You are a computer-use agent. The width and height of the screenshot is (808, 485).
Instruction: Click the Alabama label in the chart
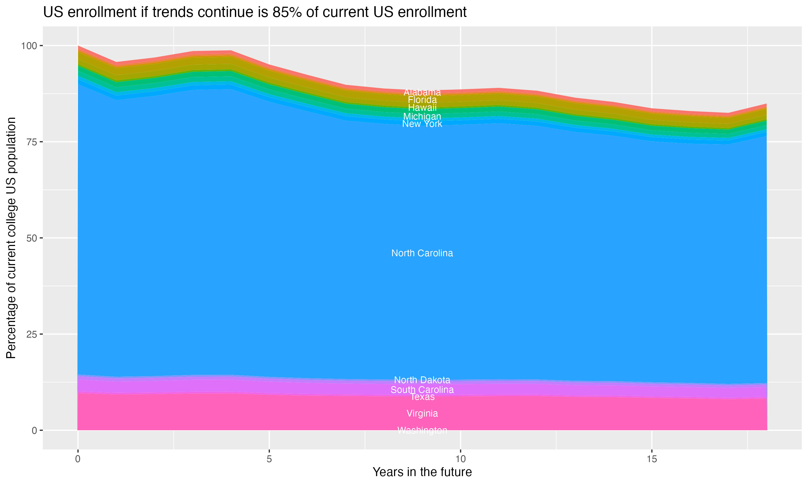[422, 92]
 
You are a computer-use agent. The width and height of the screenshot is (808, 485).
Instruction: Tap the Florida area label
[422, 100]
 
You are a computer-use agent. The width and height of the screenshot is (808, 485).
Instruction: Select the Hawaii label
[422, 108]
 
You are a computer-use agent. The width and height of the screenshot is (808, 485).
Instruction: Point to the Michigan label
[422, 116]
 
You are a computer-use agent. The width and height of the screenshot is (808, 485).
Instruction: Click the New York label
[422, 124]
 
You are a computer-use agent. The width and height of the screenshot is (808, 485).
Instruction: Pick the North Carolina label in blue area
[422, 253]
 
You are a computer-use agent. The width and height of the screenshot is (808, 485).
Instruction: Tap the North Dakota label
[422, 380]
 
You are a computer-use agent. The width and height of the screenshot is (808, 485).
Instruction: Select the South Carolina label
[422, 390]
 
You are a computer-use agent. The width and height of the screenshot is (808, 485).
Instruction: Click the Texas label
[422, 397]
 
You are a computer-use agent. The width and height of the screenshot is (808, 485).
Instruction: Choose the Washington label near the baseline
[422, 430]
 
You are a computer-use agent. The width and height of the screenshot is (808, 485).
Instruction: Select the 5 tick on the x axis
[269, 459]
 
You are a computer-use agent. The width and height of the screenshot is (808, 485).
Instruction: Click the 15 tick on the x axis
[652, 459]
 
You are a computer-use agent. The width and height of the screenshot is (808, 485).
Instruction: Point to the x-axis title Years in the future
[422, 472]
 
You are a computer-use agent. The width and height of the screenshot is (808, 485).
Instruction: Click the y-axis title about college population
[11, 238]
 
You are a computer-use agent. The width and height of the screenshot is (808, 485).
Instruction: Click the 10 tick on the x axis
[460, 459]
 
